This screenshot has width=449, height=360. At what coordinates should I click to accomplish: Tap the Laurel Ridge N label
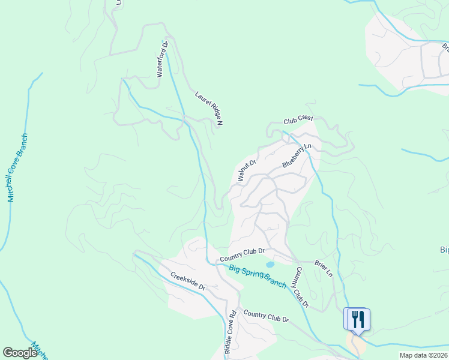point(209,108)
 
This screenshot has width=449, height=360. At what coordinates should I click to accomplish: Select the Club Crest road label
point(299,121)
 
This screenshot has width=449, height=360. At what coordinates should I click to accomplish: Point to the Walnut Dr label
point(247,170)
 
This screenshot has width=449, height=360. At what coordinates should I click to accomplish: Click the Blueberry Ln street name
point(297,155)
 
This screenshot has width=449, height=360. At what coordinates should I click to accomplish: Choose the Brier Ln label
point(323,268)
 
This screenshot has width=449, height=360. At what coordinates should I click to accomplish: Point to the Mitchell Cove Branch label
point(17,167)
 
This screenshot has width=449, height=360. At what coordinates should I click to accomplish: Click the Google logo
point(20,353)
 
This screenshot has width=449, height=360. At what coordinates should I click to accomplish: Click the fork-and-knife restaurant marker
point(357,319)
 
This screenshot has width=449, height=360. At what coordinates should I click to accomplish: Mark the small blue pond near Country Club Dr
point(270,264)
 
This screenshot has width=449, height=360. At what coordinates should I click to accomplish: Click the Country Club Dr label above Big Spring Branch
point(243,254)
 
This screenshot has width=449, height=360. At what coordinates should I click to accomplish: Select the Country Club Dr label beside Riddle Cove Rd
point(267,316)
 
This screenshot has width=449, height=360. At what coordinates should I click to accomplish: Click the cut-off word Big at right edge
point(444,250)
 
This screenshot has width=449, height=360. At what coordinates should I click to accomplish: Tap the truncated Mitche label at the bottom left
point(40,351)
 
